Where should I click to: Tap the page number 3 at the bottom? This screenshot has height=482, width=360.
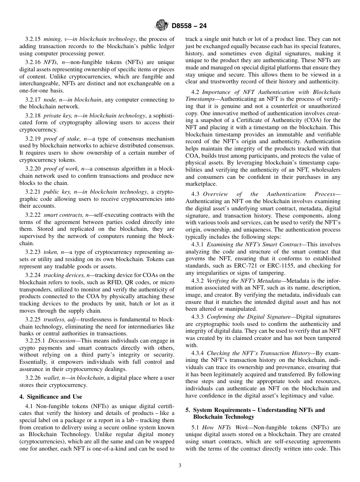tap(180, 466)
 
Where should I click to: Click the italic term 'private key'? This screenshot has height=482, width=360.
tap(58, 116)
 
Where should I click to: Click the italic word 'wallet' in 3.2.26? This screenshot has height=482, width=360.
tap(52, 378)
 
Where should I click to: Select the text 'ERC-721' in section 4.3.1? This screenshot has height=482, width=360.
tap(246, 266)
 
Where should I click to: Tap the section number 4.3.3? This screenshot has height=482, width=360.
tap(197, 317)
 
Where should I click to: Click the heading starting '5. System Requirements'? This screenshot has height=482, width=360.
tap(255, 410)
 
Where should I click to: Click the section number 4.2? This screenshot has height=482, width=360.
tap(195, 92)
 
